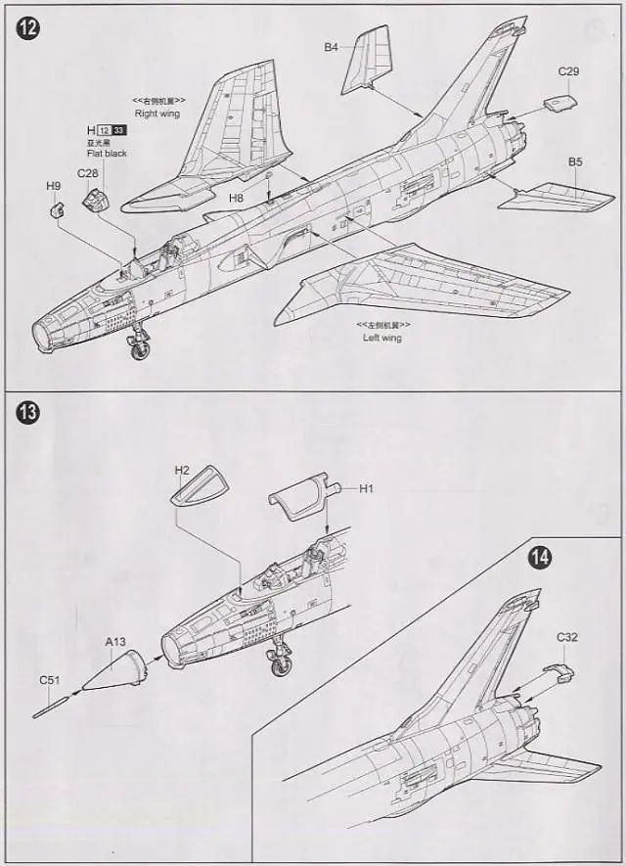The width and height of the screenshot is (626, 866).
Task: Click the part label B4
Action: (331, 46)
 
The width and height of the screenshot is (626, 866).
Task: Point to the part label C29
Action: (569, 71)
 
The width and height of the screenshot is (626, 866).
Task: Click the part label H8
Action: (236, 198)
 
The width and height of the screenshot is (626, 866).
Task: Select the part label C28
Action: (88, 173)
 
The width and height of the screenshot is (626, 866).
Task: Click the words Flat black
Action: (107, 154)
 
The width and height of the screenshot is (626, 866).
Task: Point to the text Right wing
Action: (157, 114)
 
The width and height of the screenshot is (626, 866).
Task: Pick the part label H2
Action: (182, 470)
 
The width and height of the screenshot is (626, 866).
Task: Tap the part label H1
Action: (367, 488)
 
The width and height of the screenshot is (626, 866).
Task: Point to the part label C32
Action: (567, 637)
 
